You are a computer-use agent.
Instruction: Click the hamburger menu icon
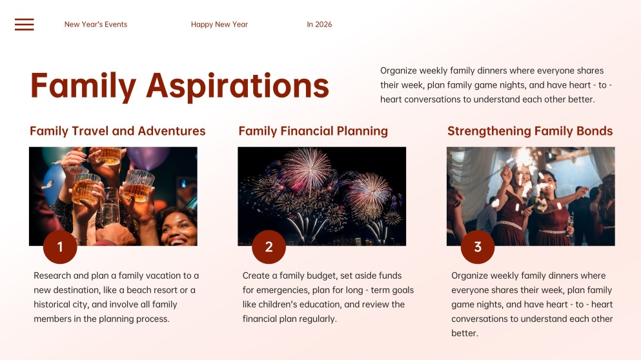[24, 25]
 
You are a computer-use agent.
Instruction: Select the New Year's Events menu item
[96, 25]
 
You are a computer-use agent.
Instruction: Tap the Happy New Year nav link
[219, 25]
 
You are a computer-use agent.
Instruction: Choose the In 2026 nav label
[320, 25]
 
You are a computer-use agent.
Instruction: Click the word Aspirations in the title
[238, 86]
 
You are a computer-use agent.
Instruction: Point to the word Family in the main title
[83, 86]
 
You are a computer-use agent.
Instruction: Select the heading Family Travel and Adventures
[117, 131]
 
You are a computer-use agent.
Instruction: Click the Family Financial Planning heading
[313, 131]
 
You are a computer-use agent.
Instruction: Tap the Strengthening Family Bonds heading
[530, 131]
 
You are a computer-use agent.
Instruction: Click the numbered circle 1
[60, 247]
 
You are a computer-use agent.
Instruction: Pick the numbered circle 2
[269, 247]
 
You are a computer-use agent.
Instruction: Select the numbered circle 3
[478, 247]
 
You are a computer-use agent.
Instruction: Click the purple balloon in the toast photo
[148, 157]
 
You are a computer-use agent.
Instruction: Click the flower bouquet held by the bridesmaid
[541, 204]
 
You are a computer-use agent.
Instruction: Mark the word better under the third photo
[464, 333]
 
